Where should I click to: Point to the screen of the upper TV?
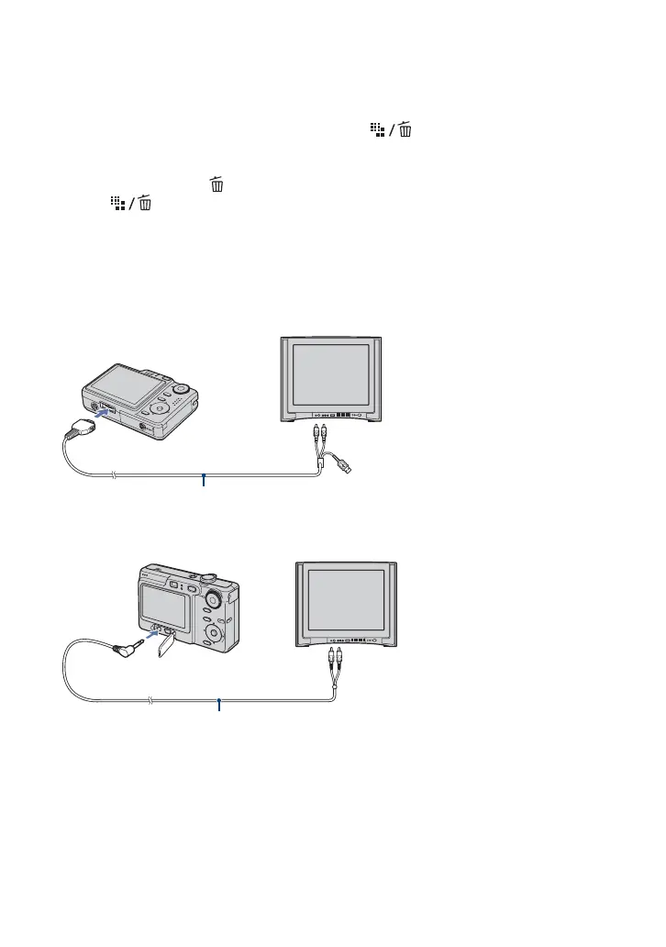pos(329,373)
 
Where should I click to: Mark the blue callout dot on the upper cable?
pos(204,476)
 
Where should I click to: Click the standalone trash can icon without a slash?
pos(217,185)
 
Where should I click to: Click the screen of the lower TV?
pos(347,598)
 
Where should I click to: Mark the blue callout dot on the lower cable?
pos(219,702)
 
